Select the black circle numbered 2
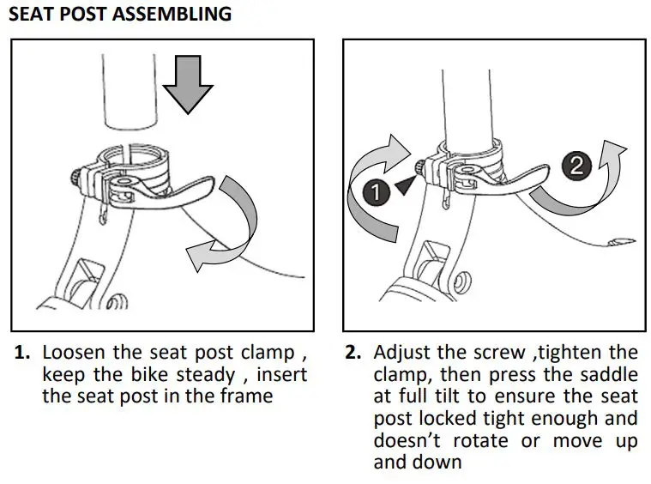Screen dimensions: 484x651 (578, 165)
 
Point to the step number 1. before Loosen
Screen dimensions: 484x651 (23, 353)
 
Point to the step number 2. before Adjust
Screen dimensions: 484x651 (353, 353)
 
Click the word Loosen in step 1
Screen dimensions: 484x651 (71, 353)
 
